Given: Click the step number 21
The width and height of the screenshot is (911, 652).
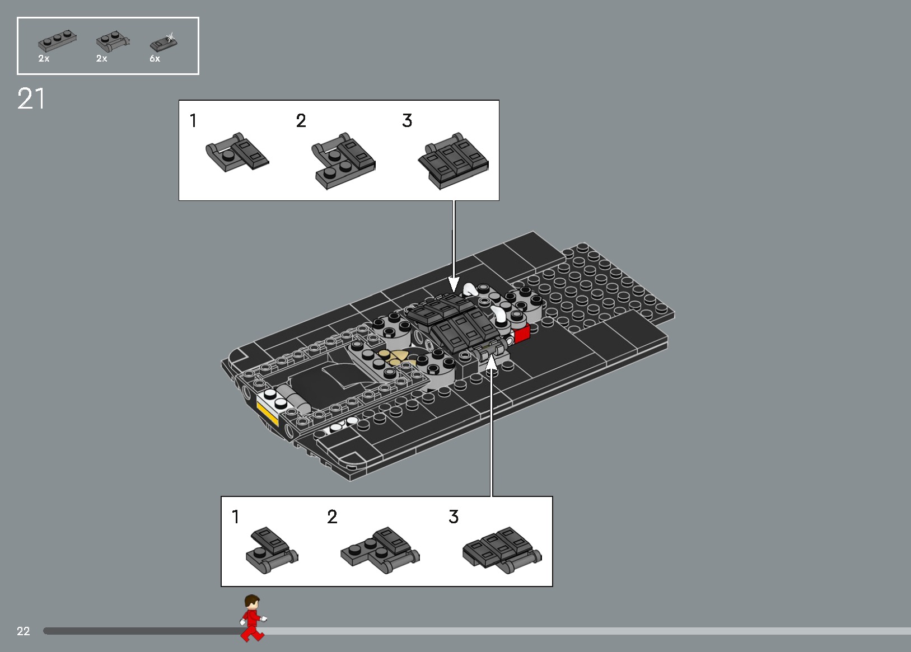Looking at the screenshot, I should pyautogui.click(x=31, y=99).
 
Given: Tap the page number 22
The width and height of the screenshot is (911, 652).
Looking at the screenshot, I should pyautogui.click(x=23, y=631).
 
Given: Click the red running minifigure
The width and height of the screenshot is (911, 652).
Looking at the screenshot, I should pyautogui.click(x=252, y=617).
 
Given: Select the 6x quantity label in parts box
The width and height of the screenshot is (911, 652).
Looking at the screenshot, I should pyautogui.click(x=155, y=59).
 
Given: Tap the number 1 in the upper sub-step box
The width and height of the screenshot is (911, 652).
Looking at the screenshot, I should pyautogui.click(x=193, y=121).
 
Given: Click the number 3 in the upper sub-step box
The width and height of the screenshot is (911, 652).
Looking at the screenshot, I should pyautogui.click(x=407, y=121).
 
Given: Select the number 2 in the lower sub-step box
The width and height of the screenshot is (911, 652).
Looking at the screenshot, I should pyautogui.click(x=332, y=517).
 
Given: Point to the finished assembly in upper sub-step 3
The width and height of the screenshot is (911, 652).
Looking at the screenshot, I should pyautogui.click(x=454, y=161).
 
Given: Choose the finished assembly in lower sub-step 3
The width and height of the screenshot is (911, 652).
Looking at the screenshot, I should pyautogui.click(x=501, y=550).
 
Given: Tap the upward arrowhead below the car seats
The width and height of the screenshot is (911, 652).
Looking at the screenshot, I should pyautogui.click(x=491, y=363).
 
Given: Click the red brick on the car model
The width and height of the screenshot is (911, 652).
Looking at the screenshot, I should pyautogui.click(x=521, y=334).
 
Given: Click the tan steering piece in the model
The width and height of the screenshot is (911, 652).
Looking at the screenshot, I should pyautogui.click(x=395, y=358).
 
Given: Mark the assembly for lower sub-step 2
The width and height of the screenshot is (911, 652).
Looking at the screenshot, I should pyautogui.click(x=380, y=550).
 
